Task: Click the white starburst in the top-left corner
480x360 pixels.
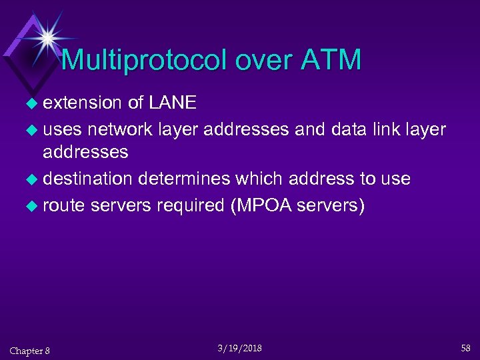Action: [47, 37]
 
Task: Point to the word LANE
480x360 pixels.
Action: [173, 103]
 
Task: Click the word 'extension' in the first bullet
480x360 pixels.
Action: [83, 103]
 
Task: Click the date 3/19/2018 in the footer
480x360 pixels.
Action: [240, 348]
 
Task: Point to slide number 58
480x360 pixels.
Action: [465, 347]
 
